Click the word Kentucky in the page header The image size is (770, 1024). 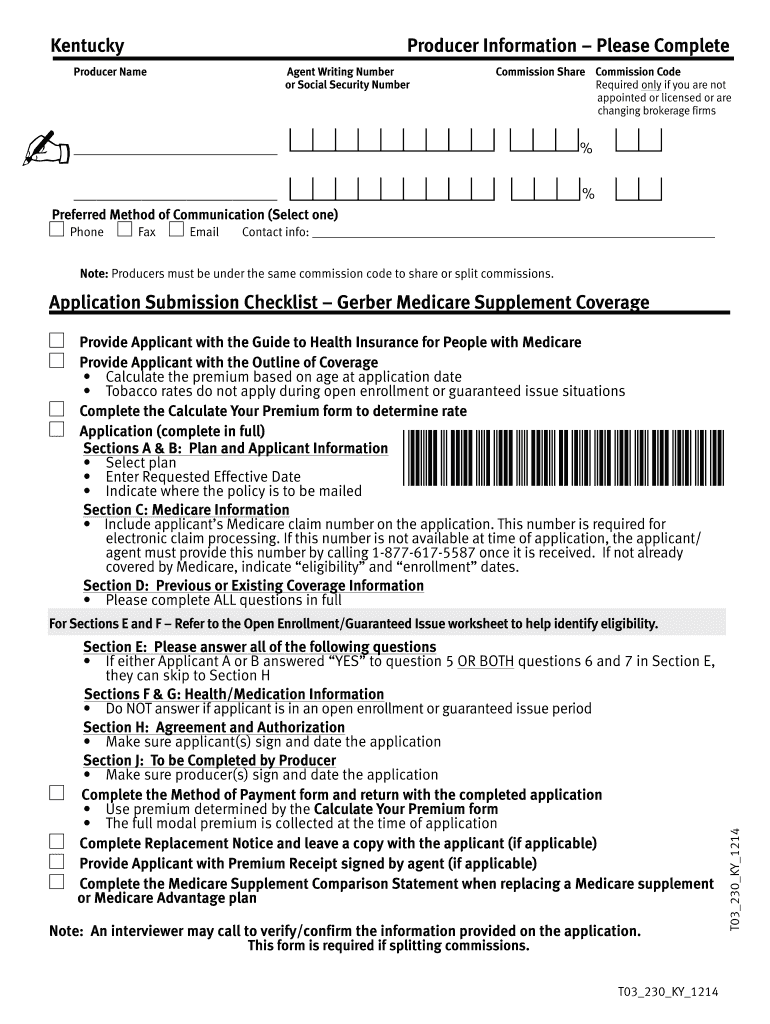(x=88, y=46)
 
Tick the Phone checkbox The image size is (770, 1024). (x=57, y=231)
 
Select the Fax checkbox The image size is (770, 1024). (x=125, y=231)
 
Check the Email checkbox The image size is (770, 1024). (x=177, y=231)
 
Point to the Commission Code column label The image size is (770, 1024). (x=638, y=72)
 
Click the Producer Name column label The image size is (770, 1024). (x=110, y=72)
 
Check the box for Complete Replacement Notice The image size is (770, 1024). (x=57, y=842)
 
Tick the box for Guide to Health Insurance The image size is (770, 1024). (x=57, y=341)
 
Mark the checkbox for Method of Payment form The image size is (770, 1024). (x=57, y=794)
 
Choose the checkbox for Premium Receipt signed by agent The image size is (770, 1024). (x=57, y=862)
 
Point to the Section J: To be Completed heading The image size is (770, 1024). (x=209, y=761)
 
